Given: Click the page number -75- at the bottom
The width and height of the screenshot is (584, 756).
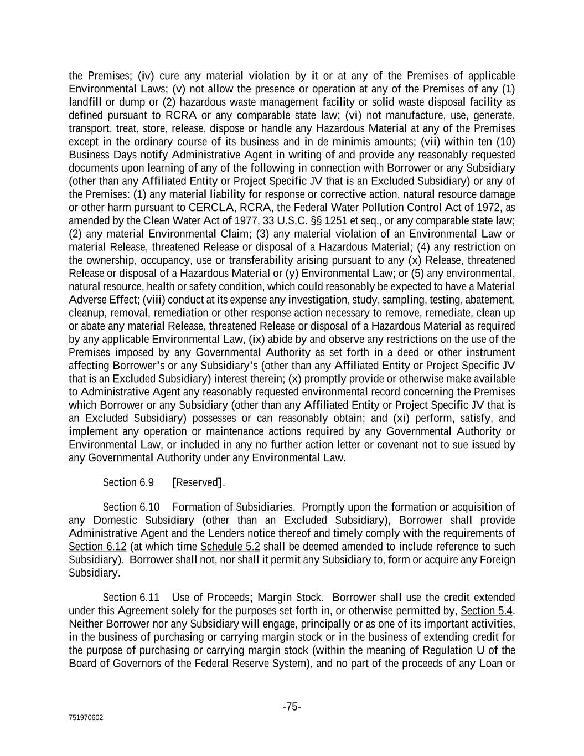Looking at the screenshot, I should coord(292,707).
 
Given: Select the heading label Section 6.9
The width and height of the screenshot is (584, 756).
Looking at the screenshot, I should coord(128,482).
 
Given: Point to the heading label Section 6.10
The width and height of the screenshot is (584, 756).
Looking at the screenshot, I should coord(131,507).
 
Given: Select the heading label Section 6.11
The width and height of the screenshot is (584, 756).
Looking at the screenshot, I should coord(131,598).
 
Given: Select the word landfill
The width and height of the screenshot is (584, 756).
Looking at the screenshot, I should coord(86,102).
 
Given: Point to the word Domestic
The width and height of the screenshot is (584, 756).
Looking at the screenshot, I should coord(115,520).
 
